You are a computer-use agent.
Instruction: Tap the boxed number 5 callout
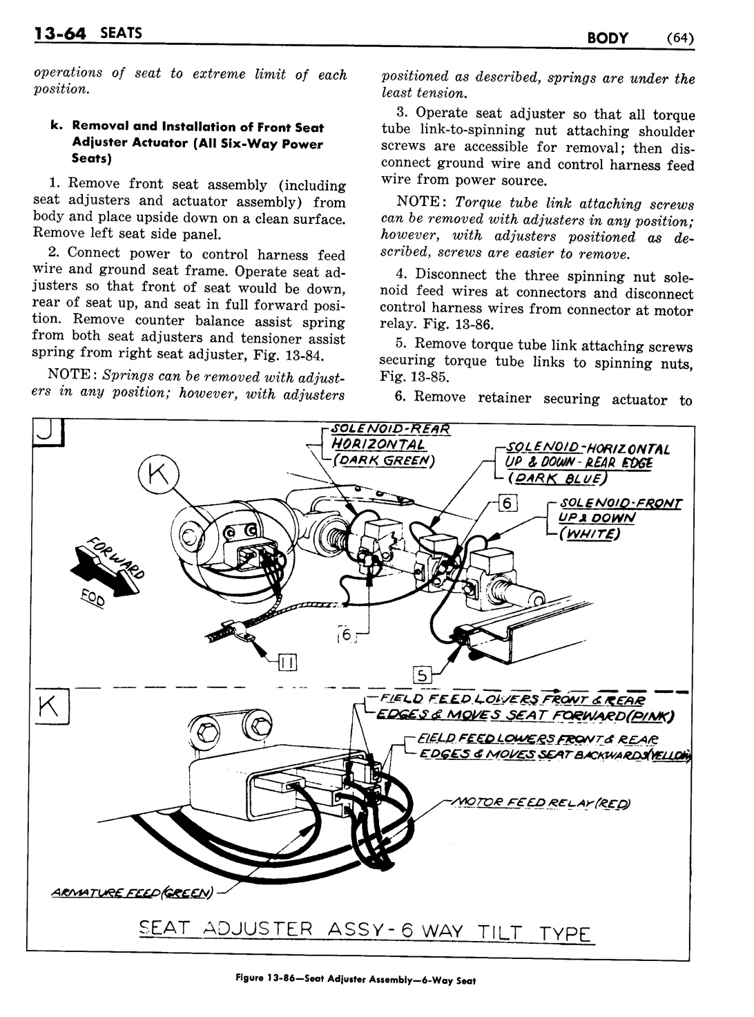(420, 674)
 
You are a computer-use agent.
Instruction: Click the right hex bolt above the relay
(259, 726)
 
